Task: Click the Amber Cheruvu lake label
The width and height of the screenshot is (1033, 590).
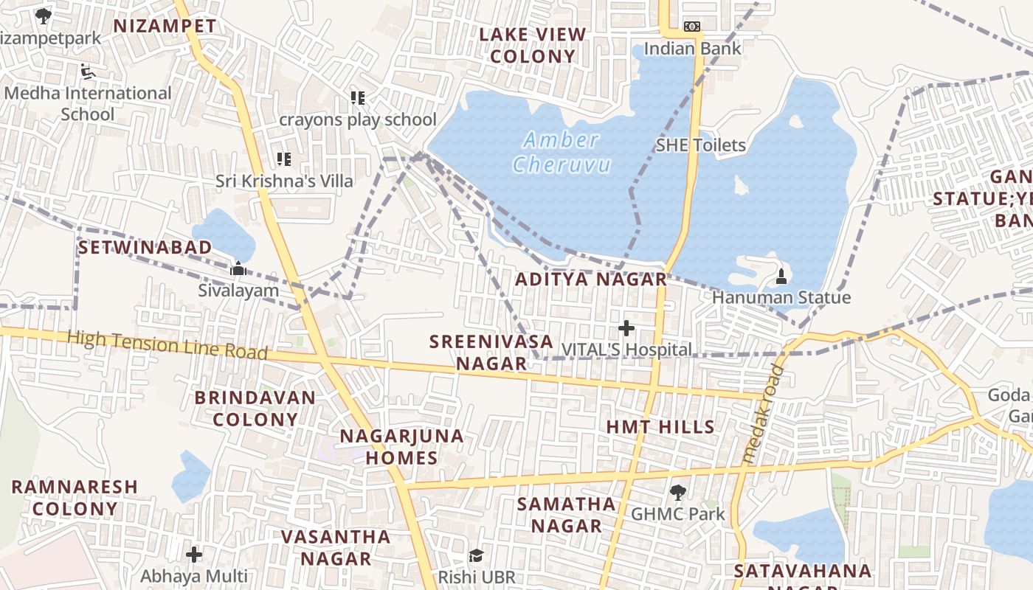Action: click(562, 151)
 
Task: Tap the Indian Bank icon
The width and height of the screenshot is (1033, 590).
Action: click(691, 27)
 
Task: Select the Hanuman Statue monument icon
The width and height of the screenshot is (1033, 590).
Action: click(781, 277)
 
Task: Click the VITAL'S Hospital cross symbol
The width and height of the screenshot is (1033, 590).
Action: click(626, 327)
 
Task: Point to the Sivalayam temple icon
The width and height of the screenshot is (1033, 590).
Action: click(238, 269)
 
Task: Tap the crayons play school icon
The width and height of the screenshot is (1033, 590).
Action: click(358, 98)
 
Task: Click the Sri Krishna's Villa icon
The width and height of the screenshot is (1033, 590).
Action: click(284, 159)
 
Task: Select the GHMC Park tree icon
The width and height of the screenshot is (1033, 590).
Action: click(677, 493)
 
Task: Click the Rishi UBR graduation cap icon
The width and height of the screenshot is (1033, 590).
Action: click(477, 555)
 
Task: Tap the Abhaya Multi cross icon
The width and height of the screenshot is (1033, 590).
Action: click(194, 554)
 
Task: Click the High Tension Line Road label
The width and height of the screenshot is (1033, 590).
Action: click(167, 345)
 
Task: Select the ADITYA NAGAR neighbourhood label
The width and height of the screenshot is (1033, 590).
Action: click(590, 280)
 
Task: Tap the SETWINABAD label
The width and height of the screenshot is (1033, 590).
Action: click(145, 247)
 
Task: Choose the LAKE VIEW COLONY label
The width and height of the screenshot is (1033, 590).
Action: click(532, 45)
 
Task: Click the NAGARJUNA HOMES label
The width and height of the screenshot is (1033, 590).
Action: click(402, 446)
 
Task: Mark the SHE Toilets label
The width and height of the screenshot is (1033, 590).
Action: click(700, 145)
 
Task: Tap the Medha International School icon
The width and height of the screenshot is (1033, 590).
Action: click(87, 72)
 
